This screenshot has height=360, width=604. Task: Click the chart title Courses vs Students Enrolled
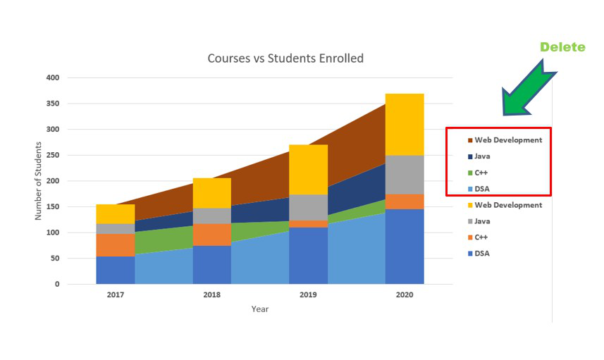click(x=285, y=58)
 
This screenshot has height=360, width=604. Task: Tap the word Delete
click(x=562, y=47)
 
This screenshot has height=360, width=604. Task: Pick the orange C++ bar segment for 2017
click(x=116, y=244)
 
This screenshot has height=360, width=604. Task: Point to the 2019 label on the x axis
click(x=308, y=295)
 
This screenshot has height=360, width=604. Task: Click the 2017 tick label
click(x=116, y=295)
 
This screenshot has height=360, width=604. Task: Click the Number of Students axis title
click(x=39, y=181)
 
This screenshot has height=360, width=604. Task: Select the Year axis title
click(x=260, y=309)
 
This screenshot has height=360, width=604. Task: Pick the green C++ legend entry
click(x=482, y=173)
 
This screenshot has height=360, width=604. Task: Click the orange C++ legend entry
click(x=482, y=237)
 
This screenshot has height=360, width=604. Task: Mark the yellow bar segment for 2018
click(x=211, y=192)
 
